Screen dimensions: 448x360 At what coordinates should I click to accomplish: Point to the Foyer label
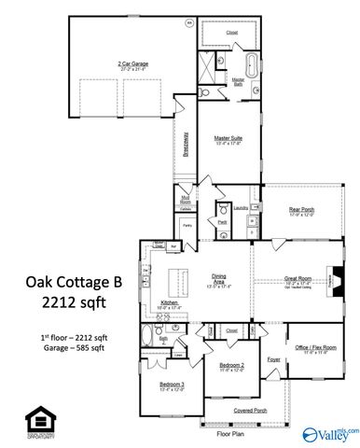pos(273,357)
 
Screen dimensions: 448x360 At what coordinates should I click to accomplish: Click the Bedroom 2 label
pos(231,365)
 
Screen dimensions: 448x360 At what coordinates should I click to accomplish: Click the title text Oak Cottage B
pos(64,283)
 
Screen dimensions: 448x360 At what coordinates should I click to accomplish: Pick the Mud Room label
pos(186,198)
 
